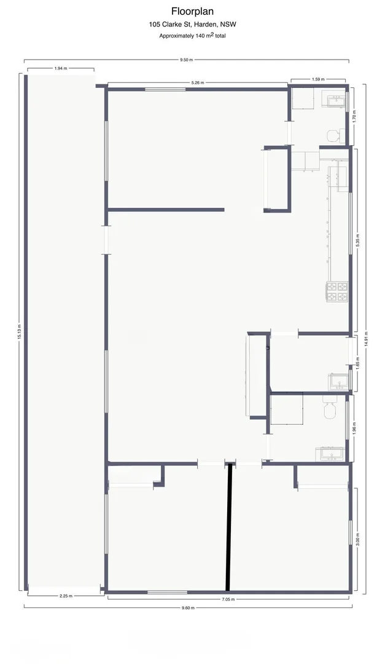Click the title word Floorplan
(x=192, y=11)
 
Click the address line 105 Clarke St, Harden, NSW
(x=192, y=25)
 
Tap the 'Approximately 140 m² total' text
(x=192, y=36)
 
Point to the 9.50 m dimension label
(x=186, y=60)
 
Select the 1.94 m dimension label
(x=61, y=68)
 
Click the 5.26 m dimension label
(x=197, y=82)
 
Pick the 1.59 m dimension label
(x=318, y=79)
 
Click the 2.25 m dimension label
(x=66, y=595)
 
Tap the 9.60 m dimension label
(x=187, y=607)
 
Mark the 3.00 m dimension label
(x=357, y=539)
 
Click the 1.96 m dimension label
(x=355, y=427)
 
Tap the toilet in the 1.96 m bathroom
(x=329, y=408)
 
